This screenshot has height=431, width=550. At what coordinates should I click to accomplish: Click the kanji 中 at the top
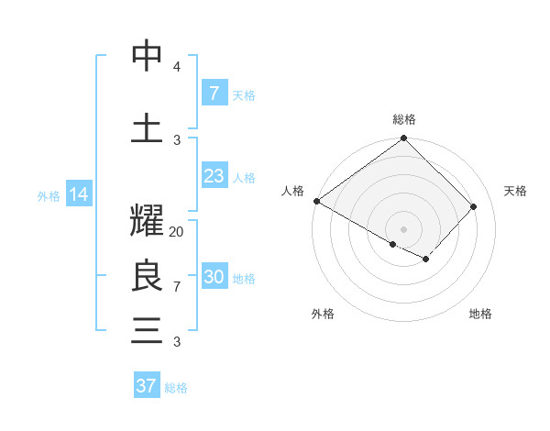pos(147,57)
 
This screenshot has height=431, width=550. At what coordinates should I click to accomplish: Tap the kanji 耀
pos(147,224)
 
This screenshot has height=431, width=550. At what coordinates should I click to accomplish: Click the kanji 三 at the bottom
pos(147,330)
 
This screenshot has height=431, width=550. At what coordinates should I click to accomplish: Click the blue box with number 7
pos(214,93)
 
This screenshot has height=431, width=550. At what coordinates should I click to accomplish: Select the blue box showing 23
pos(214,176)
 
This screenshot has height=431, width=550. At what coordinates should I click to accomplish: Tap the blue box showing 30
pos(214,278)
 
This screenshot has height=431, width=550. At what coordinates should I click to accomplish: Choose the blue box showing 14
pos(78,194)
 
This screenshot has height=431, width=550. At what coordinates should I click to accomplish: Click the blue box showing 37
pos(146,386)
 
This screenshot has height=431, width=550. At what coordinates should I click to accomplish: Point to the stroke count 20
pos(177,232)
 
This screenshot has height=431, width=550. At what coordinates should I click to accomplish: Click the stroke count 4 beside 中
pos(177,67)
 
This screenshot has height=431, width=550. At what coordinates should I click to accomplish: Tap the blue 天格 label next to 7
pos(244,94)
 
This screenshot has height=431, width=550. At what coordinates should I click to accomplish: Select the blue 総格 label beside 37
pos(176,388)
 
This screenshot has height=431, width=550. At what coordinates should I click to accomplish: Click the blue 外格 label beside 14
pos(49,195)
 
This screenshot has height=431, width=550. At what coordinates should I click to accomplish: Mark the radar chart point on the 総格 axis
pos(403,138)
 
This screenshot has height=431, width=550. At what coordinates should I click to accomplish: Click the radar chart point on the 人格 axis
pos(316,201)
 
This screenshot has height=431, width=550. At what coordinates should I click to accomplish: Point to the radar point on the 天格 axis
pos(474,206)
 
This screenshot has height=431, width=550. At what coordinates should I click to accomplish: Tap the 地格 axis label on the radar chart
pos(480,314)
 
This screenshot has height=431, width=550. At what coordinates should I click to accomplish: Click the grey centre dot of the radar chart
pos(403,228)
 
